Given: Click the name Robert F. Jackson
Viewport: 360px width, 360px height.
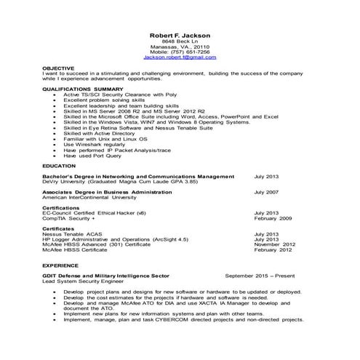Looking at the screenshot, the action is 179,35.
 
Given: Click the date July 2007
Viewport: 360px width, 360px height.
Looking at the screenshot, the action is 266,191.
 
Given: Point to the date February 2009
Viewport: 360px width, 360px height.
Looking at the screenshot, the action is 273,218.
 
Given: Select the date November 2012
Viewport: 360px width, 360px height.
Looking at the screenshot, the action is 274,244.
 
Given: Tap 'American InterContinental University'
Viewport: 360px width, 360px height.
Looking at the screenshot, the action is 89,196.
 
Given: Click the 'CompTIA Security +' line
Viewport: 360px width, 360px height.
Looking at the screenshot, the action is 68,218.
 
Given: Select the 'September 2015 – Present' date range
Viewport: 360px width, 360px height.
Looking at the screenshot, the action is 260,276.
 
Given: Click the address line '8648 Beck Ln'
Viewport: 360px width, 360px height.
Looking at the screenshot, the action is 179,42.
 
